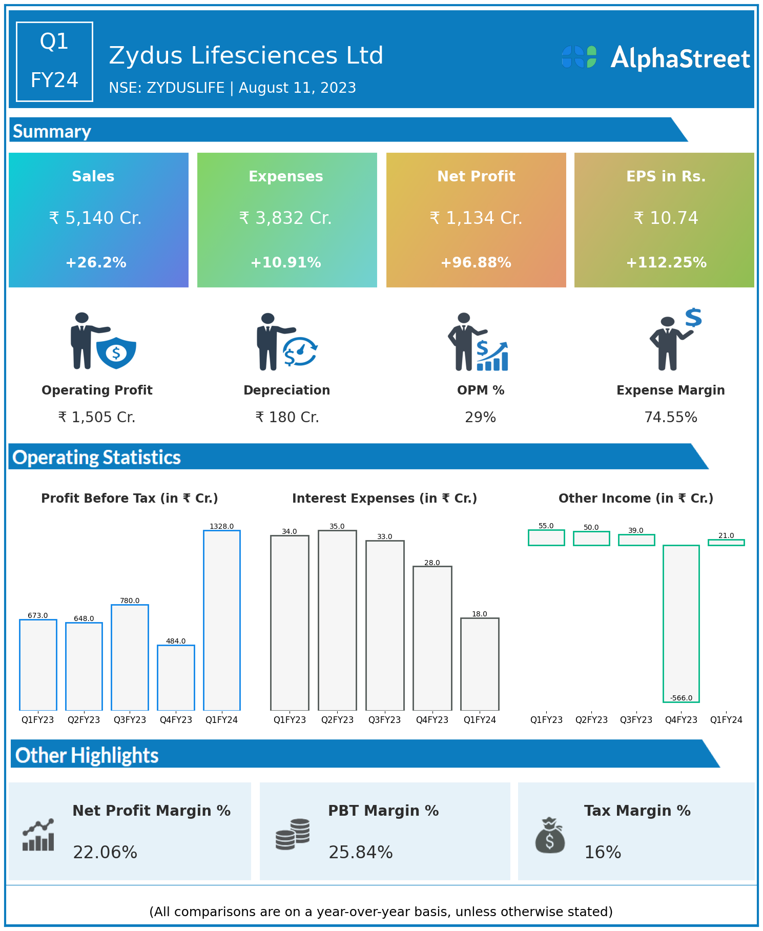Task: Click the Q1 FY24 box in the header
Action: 54,61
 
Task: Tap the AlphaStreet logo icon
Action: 579,57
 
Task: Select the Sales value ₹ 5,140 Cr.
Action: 95,218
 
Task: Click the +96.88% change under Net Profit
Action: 476,263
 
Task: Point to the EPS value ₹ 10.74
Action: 666,218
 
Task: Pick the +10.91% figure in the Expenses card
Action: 285,263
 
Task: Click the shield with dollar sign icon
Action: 116,353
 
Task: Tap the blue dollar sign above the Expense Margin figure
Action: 693,318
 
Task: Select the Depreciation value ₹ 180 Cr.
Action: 287,418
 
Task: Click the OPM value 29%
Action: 480,418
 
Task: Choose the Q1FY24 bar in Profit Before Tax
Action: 222,620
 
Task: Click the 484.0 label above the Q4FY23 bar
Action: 176,641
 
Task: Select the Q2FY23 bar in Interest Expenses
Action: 337,620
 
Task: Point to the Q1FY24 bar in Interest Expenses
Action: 480,664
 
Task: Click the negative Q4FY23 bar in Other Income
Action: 681,623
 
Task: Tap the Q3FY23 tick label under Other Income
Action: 636,720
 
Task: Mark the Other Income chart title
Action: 635,499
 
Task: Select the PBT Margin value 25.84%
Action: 360,853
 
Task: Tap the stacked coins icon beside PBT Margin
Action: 293,834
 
